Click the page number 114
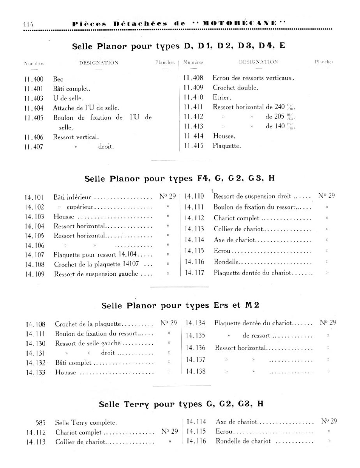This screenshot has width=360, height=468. (28, 23)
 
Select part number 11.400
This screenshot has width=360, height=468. (34, 79)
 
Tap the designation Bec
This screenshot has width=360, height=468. (58, 79)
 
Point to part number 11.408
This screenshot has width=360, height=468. (193, 78)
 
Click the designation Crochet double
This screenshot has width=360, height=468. (235, 87)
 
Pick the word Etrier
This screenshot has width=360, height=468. (222, 97)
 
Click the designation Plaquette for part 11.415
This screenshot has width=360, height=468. (227, 146)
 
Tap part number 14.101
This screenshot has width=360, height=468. (34, 197)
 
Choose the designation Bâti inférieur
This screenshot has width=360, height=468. (72, 197)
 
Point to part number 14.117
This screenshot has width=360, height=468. (194, 273)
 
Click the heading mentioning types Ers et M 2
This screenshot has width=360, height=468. (180, 305)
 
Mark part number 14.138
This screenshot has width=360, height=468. (195, 371)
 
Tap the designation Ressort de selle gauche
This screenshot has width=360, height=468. (88, 344)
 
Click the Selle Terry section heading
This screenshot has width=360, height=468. (181, 404)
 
